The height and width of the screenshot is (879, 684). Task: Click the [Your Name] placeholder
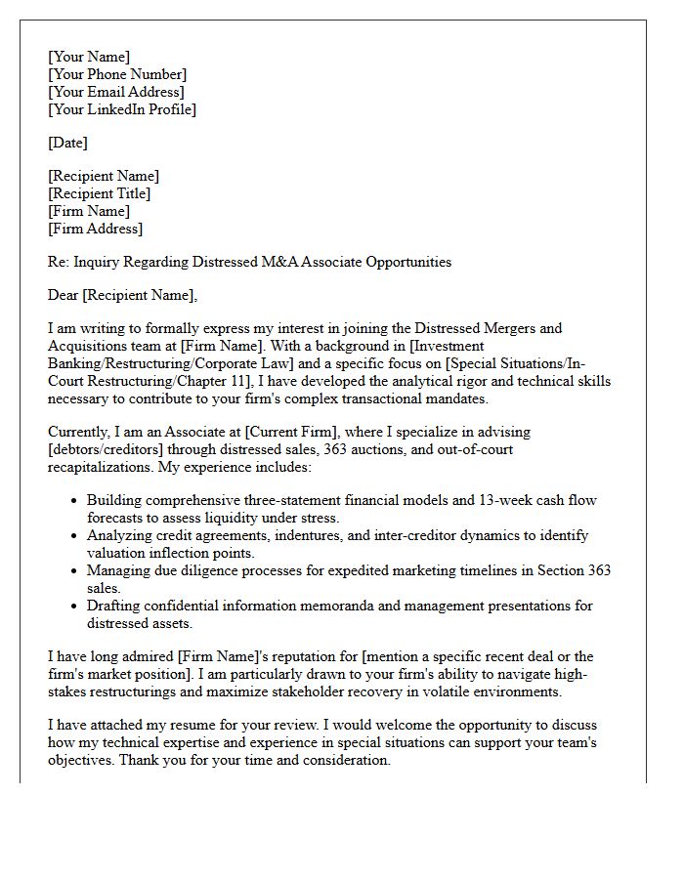coord(89,57)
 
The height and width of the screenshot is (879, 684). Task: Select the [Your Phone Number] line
coord(117,74)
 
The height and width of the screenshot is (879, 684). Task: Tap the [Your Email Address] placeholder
coord(116,92)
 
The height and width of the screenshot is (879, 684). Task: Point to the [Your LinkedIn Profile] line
coord(122,109)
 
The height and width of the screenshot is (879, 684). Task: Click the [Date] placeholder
coord(67,143)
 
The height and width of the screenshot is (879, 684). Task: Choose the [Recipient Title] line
coord(100,193)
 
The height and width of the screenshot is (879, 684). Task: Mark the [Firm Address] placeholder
coord(96,229)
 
